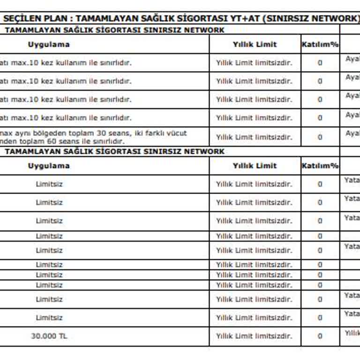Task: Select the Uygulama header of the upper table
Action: (x=48, y=45)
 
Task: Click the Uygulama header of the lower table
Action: (x=48, y=166)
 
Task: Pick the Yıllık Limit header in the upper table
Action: (x=255, y=45)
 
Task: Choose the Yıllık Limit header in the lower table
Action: (x=255, y=166)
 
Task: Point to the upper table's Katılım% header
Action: (x=320, y=45)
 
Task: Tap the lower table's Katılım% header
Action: (x=320, y=166)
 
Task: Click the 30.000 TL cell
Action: (x=49, y=336)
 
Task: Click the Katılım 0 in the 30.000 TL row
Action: (x=320, y=336)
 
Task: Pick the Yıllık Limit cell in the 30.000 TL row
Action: (x=254, y=336)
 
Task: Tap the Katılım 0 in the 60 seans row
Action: (x=320, y=137)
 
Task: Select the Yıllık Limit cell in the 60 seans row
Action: (x=254, y=137)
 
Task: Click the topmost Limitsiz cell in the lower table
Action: (x=49, y=184)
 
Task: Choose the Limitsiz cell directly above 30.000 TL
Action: (x=49, y=318)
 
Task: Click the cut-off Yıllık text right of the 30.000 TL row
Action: (x=352, y=333)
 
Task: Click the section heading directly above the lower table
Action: (x=114, y=151)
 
